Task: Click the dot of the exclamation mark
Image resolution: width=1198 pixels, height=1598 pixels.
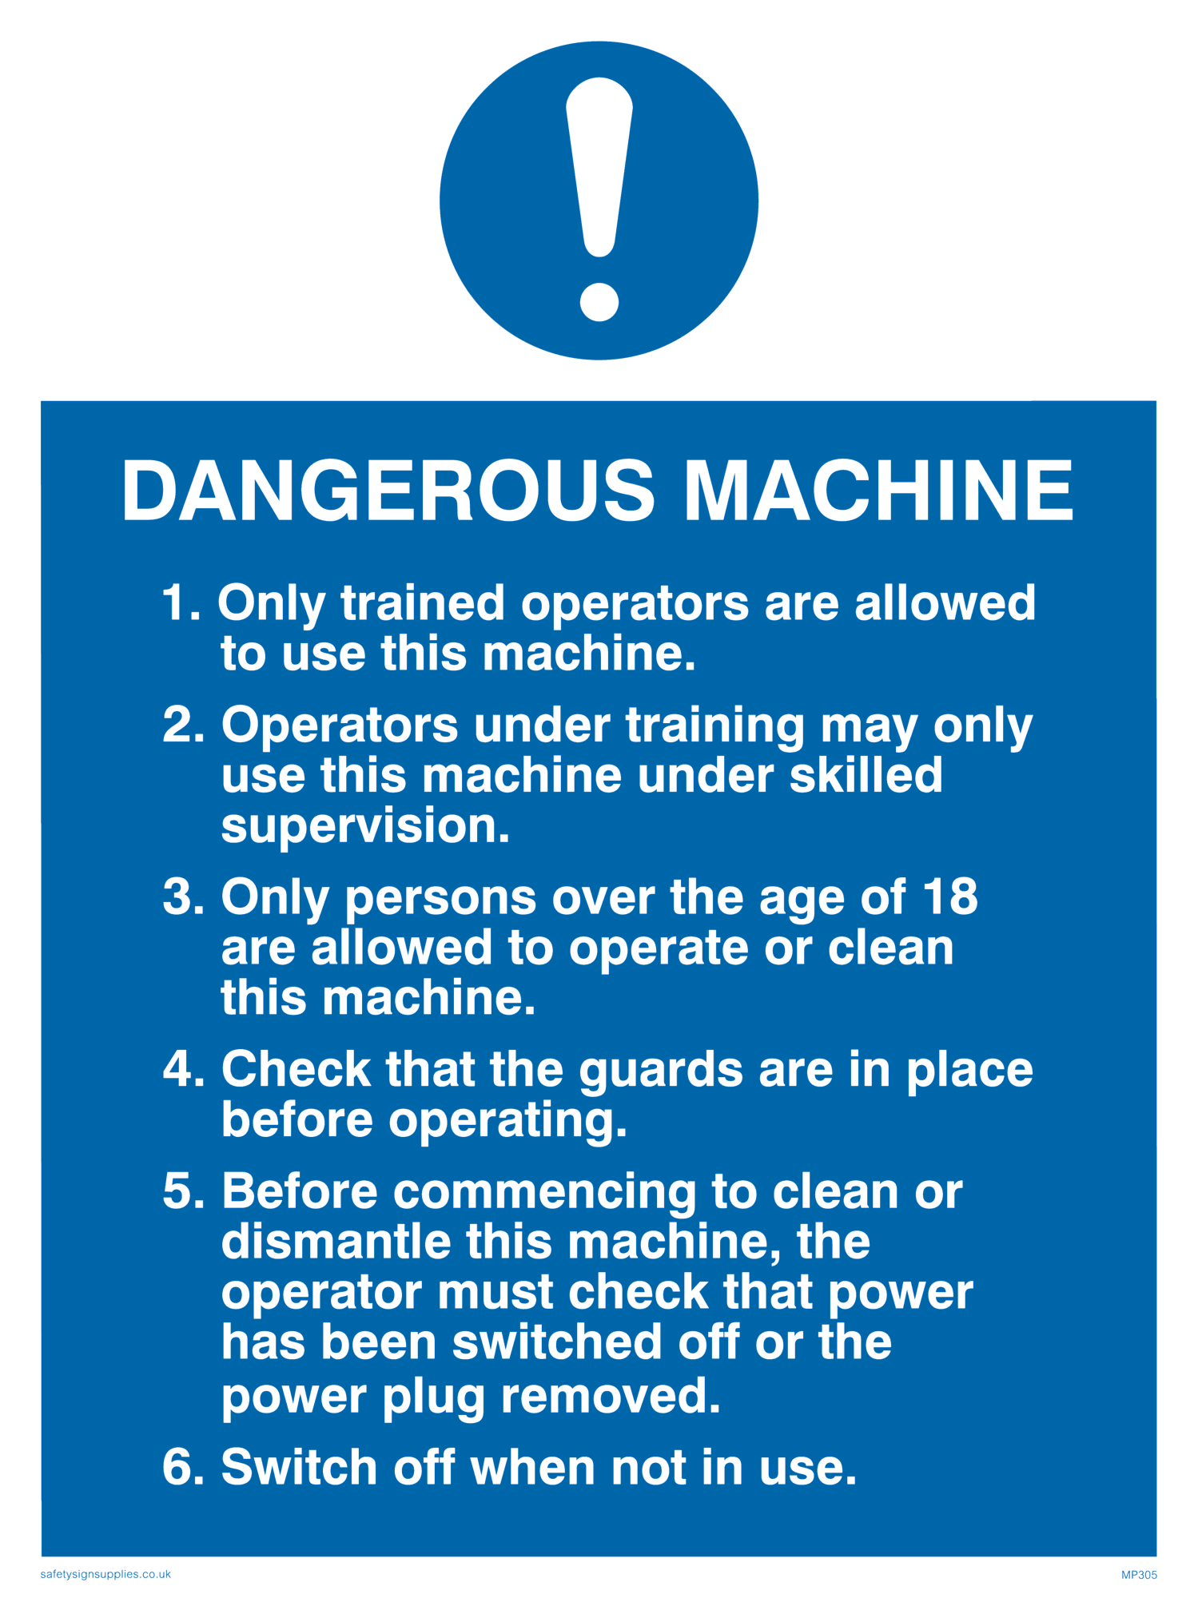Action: point(599,302)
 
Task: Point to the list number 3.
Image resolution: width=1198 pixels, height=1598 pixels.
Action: point(184,896)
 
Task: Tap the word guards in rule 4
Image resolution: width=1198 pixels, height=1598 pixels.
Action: point(661,1072)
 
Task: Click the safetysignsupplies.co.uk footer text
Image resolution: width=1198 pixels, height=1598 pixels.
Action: point(105,1574)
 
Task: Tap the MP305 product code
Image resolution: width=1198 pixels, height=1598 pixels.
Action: point(1139,1575)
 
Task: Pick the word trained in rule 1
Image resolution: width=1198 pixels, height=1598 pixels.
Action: point(423,602)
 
